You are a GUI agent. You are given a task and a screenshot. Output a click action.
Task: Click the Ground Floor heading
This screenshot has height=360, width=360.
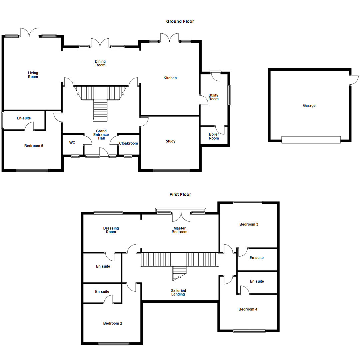click(180, 21)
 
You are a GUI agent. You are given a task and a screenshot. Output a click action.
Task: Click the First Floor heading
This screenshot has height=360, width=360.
click(180, 194)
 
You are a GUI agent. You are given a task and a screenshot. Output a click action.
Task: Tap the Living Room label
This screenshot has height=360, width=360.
click(33, 75)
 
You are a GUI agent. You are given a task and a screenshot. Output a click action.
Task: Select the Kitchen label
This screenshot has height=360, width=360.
click(170, 78)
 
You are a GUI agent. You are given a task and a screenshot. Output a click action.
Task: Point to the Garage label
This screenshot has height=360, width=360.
click(309, 106)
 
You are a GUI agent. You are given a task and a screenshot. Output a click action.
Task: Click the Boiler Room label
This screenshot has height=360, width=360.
click(214, 136)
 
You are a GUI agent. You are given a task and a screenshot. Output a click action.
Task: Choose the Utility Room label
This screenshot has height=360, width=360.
click(213, 97)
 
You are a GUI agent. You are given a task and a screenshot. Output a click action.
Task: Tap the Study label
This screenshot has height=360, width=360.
click(171, 141)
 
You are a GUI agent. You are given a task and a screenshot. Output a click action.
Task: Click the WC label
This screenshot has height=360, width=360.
click(72, 143)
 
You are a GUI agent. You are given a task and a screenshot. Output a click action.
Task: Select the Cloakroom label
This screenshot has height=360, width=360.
click(128, 143)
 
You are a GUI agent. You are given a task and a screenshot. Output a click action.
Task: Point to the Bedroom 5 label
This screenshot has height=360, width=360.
click(34, 146)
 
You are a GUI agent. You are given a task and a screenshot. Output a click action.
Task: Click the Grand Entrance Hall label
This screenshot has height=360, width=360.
click(101, 135)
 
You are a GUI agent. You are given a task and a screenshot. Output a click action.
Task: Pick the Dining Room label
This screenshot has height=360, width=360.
click(100, 63)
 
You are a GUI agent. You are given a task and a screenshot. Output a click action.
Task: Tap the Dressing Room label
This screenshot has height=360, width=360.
click(111, 230)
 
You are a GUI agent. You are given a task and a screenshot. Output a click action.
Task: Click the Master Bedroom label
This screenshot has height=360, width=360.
click(179, 230)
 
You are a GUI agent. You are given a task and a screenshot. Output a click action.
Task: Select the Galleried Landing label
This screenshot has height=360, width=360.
click(179, 292)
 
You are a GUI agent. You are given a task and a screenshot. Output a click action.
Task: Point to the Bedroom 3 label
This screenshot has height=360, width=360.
click(249, 224)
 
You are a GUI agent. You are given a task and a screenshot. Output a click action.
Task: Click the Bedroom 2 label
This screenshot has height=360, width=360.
click(113, 323)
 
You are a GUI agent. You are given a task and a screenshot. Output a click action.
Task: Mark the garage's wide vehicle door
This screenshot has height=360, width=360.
click(311, 140)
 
